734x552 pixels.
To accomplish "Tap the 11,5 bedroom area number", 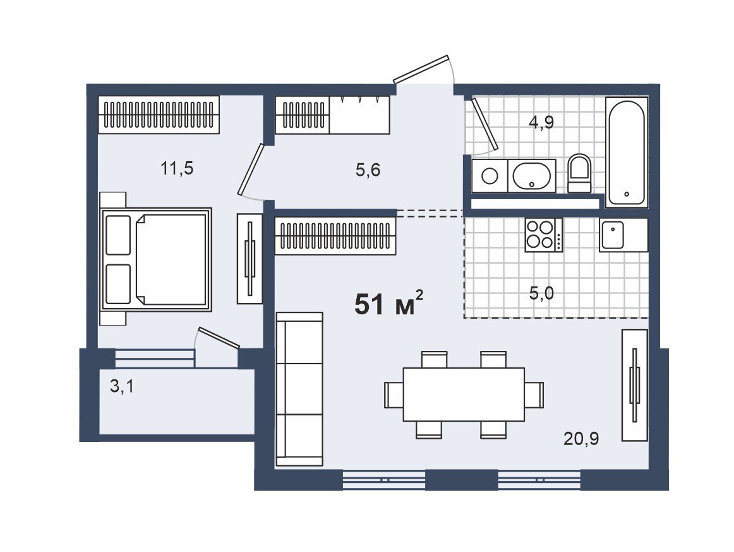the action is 176,168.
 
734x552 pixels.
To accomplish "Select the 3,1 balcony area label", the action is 122,386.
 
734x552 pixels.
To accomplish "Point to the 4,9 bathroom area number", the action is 541,122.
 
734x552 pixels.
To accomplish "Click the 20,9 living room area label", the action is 581,439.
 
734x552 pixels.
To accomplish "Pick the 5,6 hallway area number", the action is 368,169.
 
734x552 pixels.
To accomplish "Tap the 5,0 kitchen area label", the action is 541,294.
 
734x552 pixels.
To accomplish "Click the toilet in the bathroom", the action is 579,173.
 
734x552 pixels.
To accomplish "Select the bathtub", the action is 627,152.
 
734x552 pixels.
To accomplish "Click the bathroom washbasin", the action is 532,176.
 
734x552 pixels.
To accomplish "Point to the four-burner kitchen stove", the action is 543,235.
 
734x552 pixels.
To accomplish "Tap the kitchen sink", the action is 613,235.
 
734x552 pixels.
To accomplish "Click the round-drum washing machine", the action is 490,176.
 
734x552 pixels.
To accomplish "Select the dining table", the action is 464,394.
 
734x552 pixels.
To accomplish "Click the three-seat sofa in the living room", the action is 299,389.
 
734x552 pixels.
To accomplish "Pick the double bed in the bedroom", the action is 157,260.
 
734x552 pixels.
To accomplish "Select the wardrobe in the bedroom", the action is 159,115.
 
